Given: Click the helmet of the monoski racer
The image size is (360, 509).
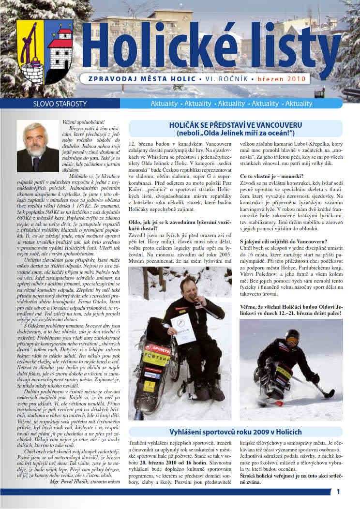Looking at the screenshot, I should [292, 335].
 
